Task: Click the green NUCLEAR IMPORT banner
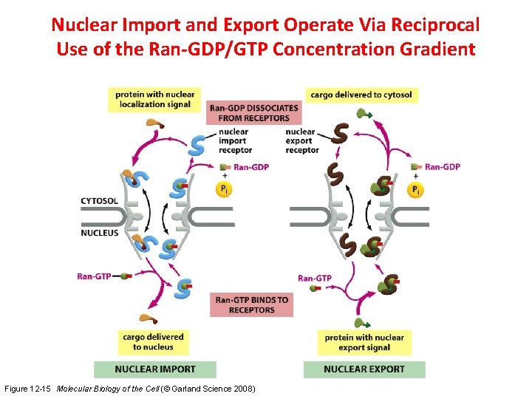(x=155, y=369)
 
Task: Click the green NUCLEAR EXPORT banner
(x=364, y=369)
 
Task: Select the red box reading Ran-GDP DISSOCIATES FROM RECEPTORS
(x=255, y=112)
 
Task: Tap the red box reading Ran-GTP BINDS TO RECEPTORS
(x=251, y=305)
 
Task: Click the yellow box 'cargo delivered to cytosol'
(x=361, y=95)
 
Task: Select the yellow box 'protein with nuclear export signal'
(x=364, y=342)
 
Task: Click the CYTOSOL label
(x=99, y=200)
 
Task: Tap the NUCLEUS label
(x=99, y=233)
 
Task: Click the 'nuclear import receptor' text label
(x=235, y=141)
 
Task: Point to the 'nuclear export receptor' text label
(x=301, y=141)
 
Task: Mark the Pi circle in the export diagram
(x=417, y=191)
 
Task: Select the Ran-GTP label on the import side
(x=94, y=276)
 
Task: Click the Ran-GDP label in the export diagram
(x=442, y=166)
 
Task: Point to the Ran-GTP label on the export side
(x=315, y=279)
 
